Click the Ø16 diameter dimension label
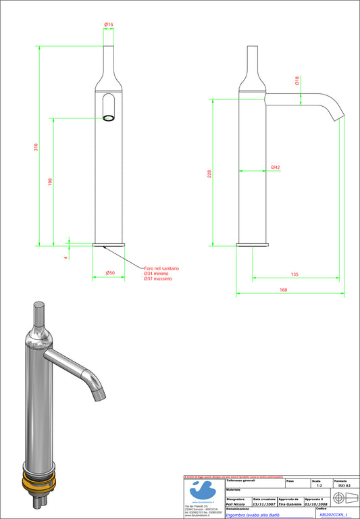[108, 24]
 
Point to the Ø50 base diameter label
[109, 273]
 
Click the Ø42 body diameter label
[276, 167]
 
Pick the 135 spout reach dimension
[294, 274]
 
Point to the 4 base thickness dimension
[66, 257]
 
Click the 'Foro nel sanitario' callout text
[161, 268]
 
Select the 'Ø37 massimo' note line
[157, 279]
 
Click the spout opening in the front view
[108, 118]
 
